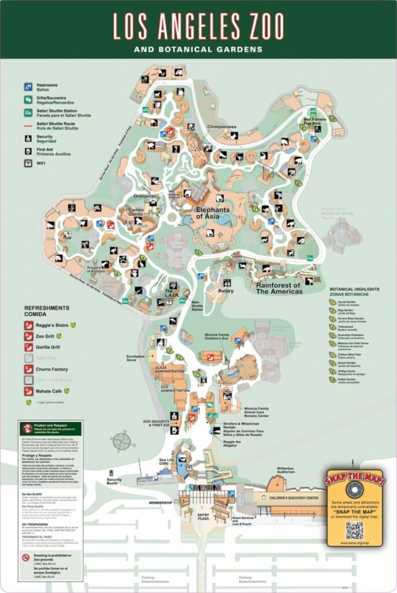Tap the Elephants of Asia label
tap(212, 213)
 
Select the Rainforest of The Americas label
tap(279, 288)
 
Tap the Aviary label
tap(226, 291)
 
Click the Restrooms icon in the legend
tap(28, 87)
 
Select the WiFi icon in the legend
tap(28, 163)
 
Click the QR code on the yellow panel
tap(354, 529)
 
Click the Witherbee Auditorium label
tap(290, 470)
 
